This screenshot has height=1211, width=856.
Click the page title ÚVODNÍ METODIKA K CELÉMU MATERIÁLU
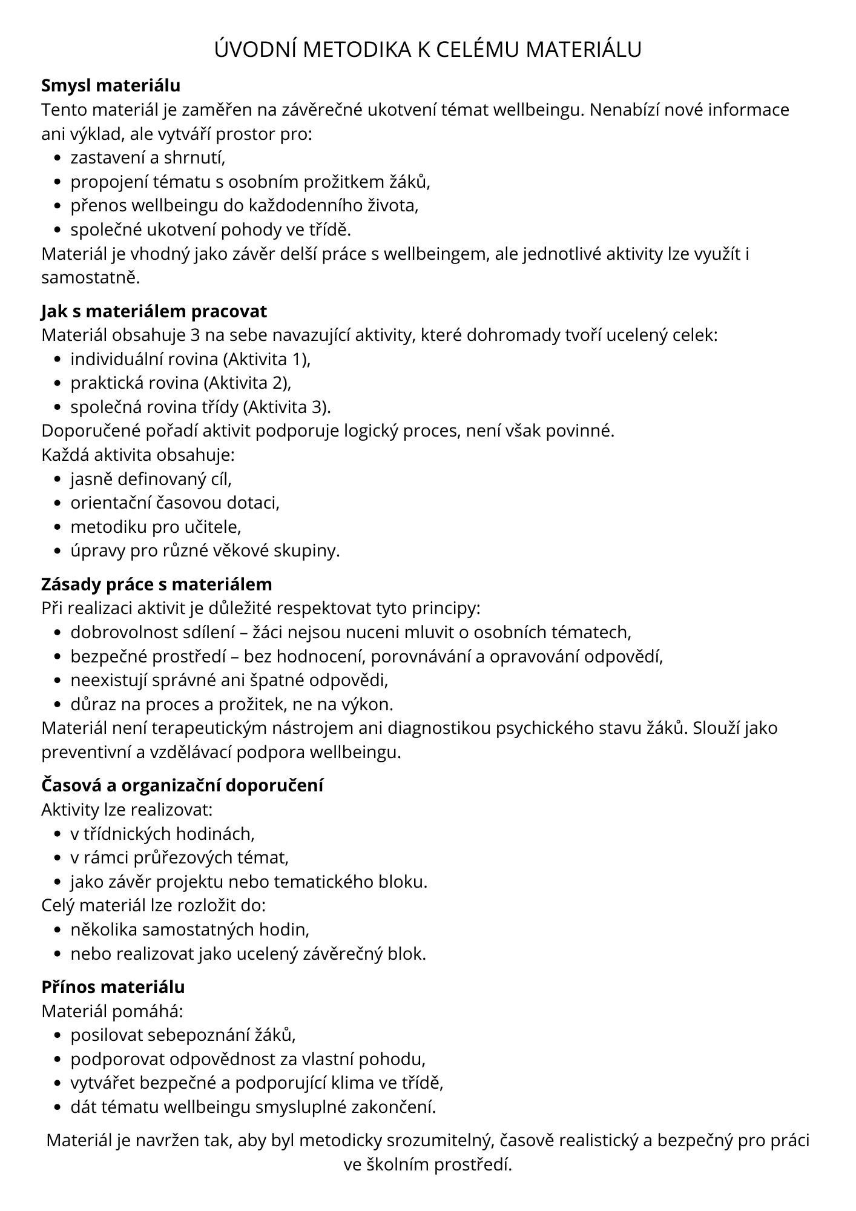428,50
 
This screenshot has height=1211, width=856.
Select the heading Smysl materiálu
111,86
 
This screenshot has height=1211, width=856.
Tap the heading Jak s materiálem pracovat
154,311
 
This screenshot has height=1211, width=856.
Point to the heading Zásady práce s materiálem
156,584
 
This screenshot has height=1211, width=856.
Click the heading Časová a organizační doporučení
182,785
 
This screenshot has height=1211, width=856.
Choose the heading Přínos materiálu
113,987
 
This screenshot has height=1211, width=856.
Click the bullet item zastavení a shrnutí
148,158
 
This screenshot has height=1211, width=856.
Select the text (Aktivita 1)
266,359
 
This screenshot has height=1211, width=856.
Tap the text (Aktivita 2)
248,383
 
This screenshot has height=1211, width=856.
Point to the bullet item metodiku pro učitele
156,527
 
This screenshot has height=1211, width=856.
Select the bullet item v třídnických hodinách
162,834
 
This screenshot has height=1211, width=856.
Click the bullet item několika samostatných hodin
190,929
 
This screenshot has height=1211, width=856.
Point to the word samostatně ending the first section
90,278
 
